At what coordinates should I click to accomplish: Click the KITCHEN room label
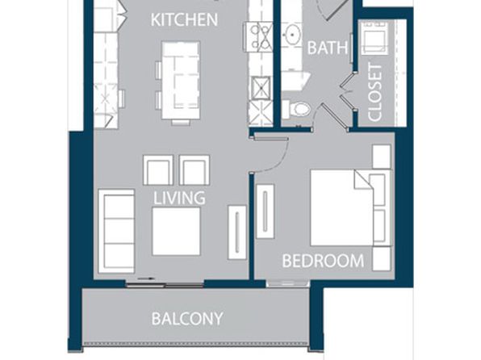[184, 20]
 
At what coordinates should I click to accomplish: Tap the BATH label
[328, 48]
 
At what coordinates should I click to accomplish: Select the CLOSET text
[374, 92]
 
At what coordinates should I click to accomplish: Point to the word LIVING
[179, 198]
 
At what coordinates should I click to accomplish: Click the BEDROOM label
[323, 261]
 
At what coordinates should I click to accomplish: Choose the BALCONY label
[187, 319]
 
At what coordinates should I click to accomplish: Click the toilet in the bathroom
[296, 109]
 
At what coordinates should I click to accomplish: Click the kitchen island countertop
[181, 81]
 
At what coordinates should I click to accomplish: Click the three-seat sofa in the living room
[116, 231]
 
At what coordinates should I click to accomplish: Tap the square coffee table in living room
[176, 232]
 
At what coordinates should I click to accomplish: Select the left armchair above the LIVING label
[158, 170]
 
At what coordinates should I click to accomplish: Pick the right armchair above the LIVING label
[194, 170]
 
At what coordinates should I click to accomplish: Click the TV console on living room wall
[237, 232]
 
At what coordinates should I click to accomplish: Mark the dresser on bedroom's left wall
[265, 211]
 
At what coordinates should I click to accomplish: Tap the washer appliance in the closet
[374, 37]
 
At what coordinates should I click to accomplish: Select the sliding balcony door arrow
[145, 279]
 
